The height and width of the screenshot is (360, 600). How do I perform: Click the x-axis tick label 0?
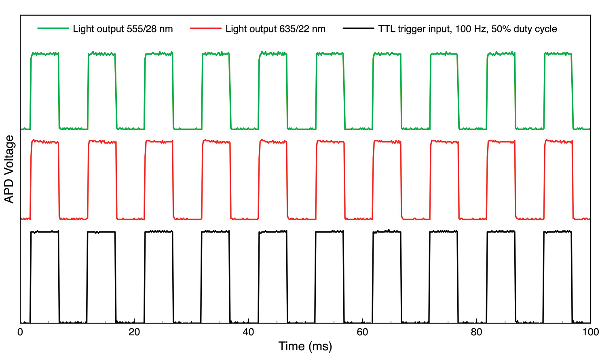click(20, 332)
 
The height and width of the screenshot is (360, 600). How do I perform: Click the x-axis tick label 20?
click(134, 332)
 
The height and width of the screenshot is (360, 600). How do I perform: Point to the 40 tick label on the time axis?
click(248, 332)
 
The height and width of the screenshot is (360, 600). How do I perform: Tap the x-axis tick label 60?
click(362, 332)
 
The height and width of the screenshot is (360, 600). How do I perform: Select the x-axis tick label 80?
click(476, 332)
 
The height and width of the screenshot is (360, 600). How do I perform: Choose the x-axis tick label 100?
click(590, 332)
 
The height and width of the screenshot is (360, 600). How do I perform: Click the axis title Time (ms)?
click(305, 347)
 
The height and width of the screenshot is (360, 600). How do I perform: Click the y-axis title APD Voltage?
click(9, 169)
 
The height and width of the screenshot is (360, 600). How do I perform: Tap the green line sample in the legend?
click(53, 29)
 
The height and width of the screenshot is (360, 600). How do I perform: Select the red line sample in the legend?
click(205, 29)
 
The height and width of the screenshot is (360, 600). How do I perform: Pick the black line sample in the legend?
click(358, 29)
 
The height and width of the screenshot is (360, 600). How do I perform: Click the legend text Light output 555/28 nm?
click(123, 29)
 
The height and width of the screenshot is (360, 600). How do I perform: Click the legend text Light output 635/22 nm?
click(275, 29)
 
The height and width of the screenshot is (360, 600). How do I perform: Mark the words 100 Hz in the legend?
click(471, 29)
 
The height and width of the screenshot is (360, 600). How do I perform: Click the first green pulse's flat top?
click(45, 54)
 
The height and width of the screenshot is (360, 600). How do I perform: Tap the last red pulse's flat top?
click(558, 142)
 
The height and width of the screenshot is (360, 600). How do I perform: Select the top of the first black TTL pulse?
click(45, 232)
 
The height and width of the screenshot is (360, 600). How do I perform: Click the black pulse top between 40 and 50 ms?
click(273, 232)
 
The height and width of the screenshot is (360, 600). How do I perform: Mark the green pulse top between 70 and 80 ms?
click(444, 54)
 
